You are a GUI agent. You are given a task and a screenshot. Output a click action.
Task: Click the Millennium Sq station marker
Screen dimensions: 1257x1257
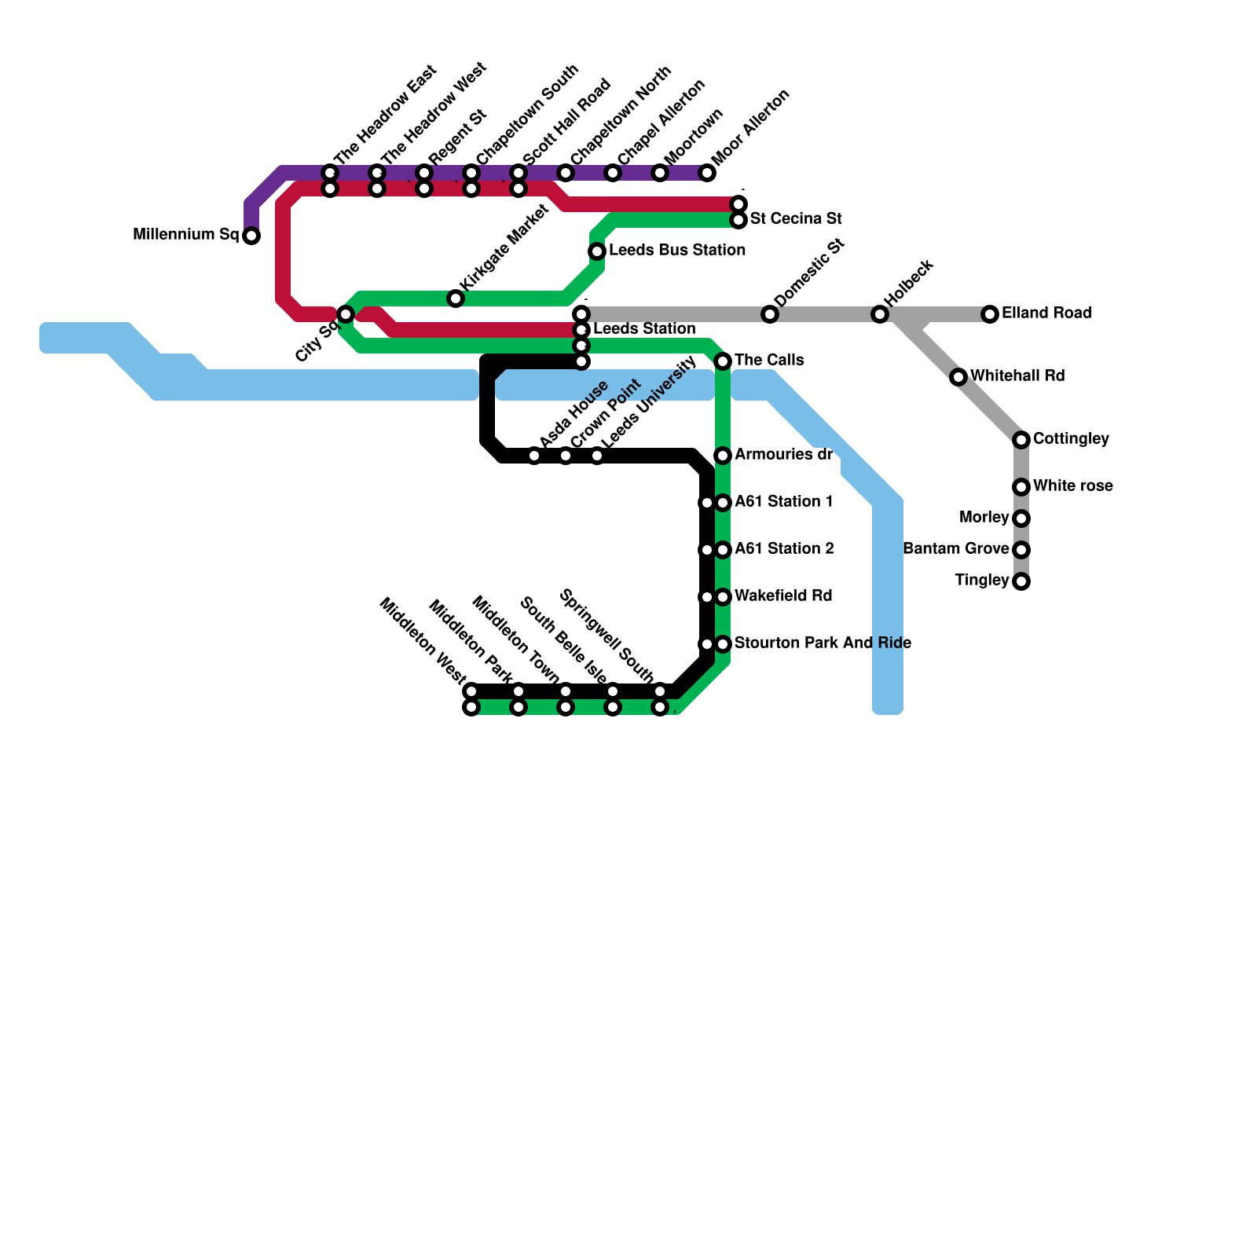[251, 236]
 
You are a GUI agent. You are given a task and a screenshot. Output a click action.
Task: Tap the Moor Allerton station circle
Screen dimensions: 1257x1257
[708, 173]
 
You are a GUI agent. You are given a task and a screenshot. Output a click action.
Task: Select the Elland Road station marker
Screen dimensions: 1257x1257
[990, 314]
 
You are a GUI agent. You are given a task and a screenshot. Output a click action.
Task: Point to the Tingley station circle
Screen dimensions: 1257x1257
[1021, 581]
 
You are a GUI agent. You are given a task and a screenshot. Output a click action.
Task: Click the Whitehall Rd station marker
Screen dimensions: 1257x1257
[958, 377]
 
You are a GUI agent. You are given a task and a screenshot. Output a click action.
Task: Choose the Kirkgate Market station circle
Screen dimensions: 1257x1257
[456, 299]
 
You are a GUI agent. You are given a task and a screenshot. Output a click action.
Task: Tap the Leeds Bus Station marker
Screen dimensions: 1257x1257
[597, 251]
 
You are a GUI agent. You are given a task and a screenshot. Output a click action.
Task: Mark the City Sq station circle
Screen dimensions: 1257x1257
[346, 314]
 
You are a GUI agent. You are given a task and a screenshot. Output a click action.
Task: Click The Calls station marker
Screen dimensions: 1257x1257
[724, 361]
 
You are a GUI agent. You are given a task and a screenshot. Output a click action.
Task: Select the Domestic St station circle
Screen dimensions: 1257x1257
[770, 314]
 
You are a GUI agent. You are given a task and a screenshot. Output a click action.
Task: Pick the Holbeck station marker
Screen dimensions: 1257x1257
[880, 314]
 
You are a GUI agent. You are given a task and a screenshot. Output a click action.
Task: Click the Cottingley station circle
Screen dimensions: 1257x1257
[1021, 440]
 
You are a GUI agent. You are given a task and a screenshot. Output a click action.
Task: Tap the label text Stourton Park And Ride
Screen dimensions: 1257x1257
[823, 643]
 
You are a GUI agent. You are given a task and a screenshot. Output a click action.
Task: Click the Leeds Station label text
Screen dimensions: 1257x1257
[644, 328]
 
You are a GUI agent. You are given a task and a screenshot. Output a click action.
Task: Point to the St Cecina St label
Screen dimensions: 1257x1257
[796, 218]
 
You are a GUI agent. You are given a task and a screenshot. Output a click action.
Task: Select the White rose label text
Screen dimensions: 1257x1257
[1072, 486]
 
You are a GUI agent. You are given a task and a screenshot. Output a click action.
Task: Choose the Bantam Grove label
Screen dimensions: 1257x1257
[955, 549]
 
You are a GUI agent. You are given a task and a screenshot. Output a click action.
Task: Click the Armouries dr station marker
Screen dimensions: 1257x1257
[724, 456]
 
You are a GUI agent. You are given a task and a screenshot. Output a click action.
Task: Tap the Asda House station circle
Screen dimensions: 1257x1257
[534, 456]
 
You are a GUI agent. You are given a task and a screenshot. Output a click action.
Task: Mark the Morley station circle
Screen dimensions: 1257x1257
[1021, 519]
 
